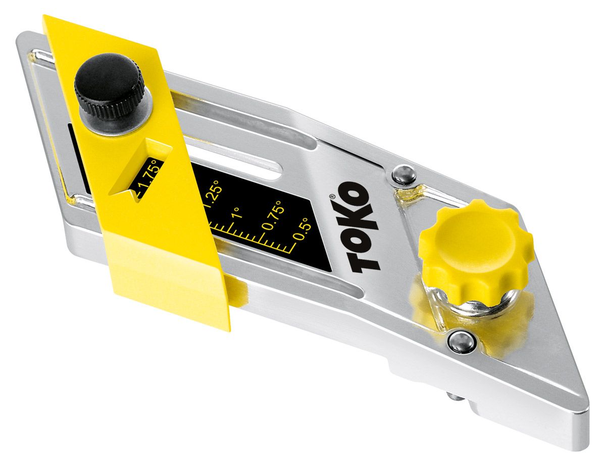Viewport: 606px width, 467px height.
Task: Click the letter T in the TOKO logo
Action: (x=363, y=257)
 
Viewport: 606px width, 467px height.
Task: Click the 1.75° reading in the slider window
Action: (x=146, y=178)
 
